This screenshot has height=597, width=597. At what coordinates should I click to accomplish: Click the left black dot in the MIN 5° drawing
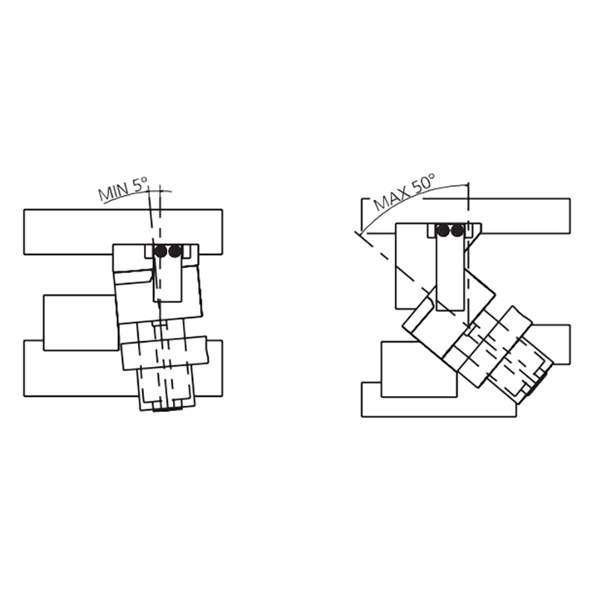pyautogui.click(x=160, y=251)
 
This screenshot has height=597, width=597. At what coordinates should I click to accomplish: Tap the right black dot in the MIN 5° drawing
pyautogui.click(x=175, y=251)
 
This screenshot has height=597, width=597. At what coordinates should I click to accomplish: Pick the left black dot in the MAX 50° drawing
pyautogui.click(x=443, y=230)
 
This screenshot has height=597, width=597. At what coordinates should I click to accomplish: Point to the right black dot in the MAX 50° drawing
pyautogui.click(x=457, y=230)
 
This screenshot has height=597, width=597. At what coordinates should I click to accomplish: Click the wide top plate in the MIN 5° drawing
pyautogui.click(x=123, y=231)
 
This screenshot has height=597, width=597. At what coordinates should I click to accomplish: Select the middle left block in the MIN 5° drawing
pyautogui.click(x=81, y=322)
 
